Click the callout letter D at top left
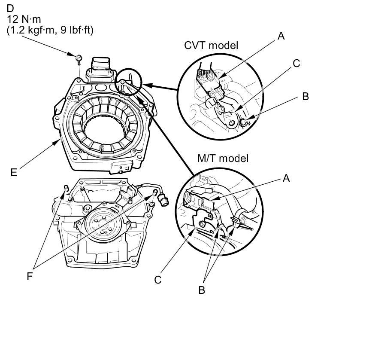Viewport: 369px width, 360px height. (10, 9)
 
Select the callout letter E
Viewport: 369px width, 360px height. (14, 172)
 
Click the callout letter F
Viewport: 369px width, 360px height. (30, 276)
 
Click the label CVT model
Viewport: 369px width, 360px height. (211, 45)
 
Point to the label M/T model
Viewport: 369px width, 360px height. (223, 158)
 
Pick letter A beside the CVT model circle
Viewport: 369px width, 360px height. (281, 36)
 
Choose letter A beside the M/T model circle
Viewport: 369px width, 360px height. (286, 177)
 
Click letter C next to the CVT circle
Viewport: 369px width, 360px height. (296, 63)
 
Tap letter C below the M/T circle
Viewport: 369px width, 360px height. (158, 280)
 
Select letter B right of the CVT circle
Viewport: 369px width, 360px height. (305, 96)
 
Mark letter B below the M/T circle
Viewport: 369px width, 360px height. (201, 290)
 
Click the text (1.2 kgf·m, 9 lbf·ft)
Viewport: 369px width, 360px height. (50, 30)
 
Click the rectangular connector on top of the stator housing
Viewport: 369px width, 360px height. (100, 67)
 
